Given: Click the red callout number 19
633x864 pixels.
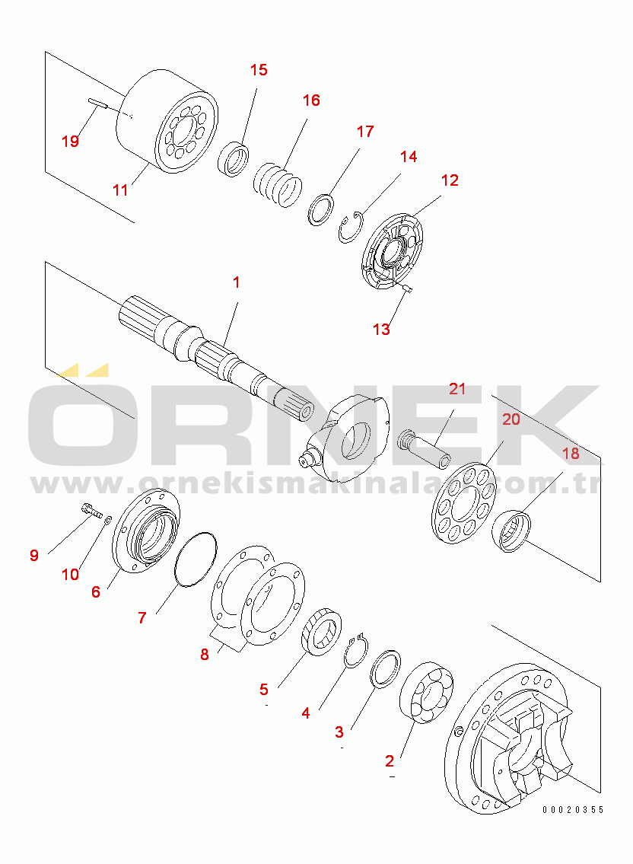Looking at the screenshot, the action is pyautogui.click(x=70, y=142).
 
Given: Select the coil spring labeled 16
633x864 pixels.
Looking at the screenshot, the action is pyautogui.click(x=278, y=184).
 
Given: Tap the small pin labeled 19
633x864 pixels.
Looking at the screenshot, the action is pyautogui.click(x=96, y=104).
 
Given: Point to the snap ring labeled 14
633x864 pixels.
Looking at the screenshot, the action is pyautogui.click(x=351, y=226).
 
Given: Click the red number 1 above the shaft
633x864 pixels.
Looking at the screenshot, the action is pyautogui.click(x=237, y=282).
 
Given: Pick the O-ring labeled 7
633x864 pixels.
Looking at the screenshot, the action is pyautogui.click(x=196, y=560).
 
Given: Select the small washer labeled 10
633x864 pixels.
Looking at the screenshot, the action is pyautogui.click(x=109, y=519).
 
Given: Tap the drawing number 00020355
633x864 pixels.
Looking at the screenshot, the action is pyautogui.click(x=573, y=809).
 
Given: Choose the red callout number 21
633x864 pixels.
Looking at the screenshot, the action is pyautogui.click(x=457, y=389).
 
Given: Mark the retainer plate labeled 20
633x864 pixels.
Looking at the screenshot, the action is pyautogui.click(x=463, y=505).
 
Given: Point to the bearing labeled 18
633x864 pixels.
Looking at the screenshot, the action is pyautogui.click(x=511, y=530).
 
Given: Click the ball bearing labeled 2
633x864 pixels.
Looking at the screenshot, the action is pyautogui.click(x=426, y=692).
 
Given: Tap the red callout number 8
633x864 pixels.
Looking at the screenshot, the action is pyautogui.click(x=205, y=655).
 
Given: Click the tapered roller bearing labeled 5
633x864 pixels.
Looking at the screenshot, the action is pyautogui.click(x=321, y=632).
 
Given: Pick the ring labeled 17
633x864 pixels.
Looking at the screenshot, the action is pyautogui.click(x=320, y=209).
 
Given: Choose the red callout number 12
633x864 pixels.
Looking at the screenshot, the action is pyautogui.click(x=450, y=180).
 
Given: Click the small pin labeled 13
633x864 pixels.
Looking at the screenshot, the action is pyautogui.click(x=407, y=287).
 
